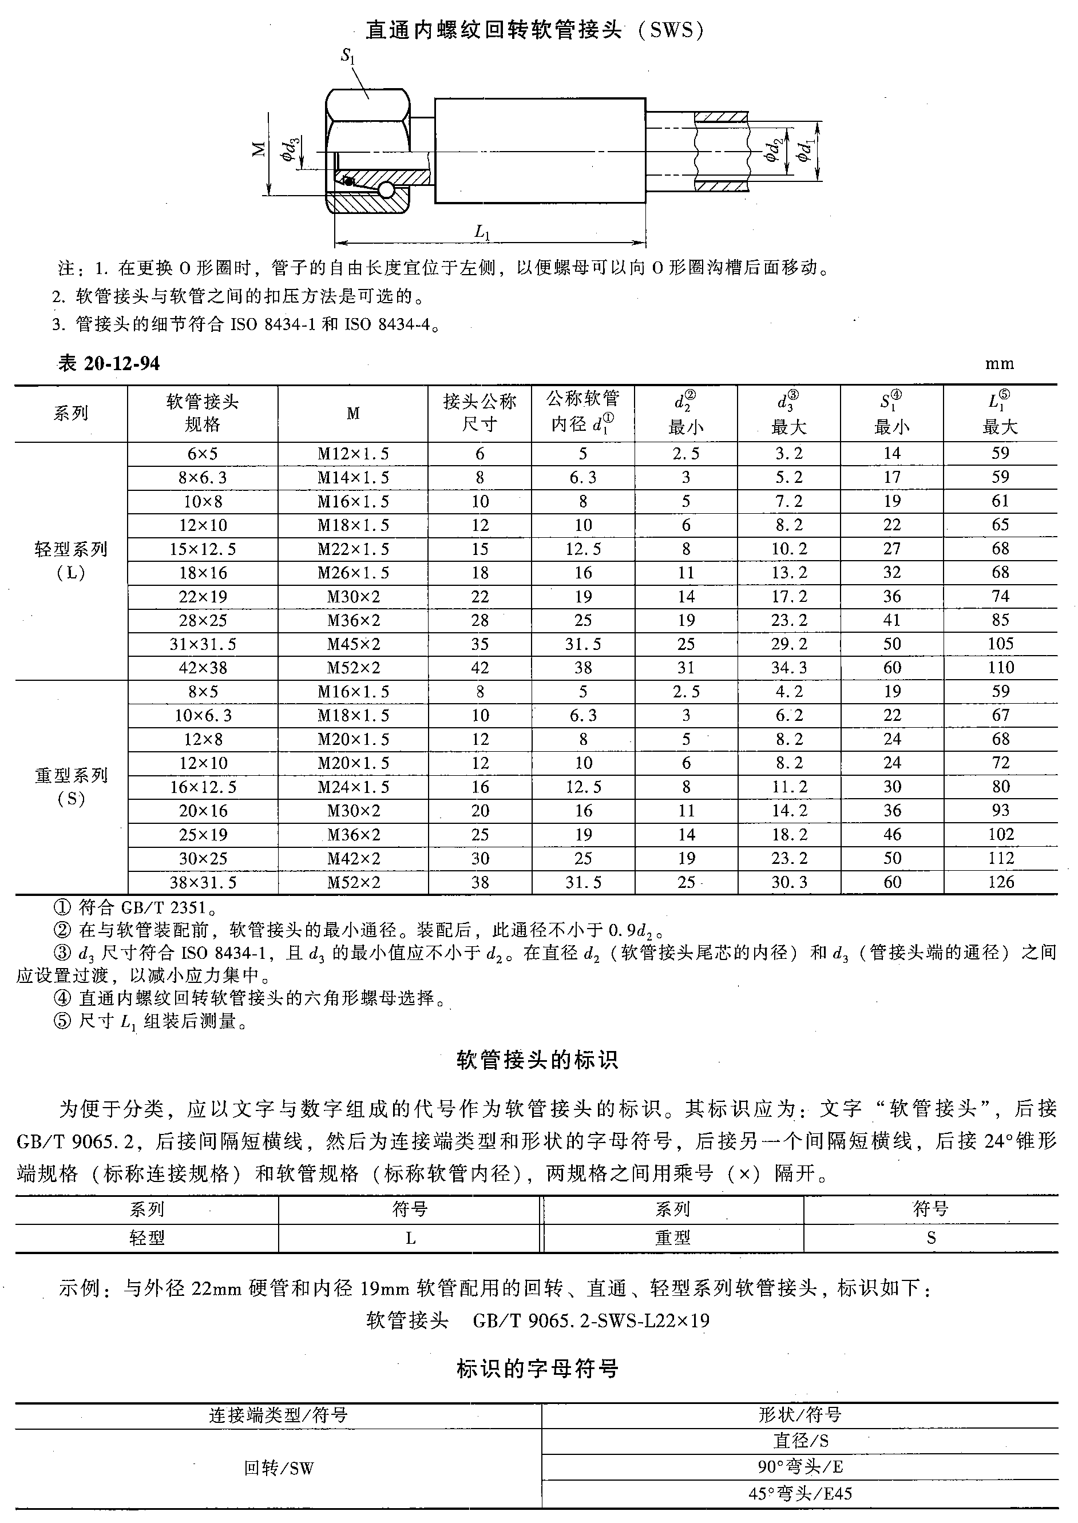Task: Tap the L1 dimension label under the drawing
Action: click(482, 232)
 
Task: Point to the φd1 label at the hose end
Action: click(805, 151)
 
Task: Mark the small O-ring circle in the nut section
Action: click(387, 191)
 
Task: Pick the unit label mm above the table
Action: click(999, 364)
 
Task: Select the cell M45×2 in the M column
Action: click(353, 644)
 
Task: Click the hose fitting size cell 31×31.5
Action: click(203, 644)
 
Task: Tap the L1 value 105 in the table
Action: click(1000, 644)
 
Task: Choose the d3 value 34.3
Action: click(788, 668)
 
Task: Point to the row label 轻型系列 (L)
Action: click(71, 561)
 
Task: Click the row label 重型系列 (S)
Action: click(71, 786)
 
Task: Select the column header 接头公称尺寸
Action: click(479, 413)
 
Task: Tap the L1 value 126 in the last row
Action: click(1000, 883)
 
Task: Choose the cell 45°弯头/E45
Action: click(800, 1494)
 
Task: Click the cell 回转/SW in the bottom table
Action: click(278, 1468)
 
